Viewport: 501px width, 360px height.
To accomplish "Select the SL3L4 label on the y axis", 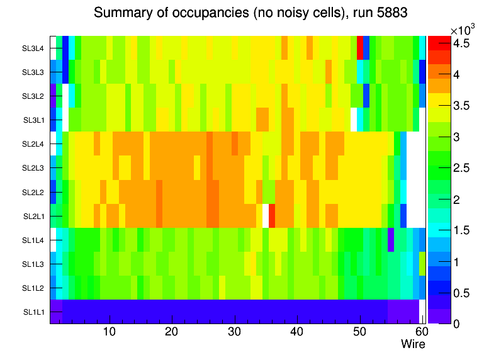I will (x=33, y=48).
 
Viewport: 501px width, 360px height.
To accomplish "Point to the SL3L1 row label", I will (x=33, y=120).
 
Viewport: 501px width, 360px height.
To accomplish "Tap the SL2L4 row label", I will (x=33, y=144).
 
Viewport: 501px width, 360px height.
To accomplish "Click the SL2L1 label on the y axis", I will (x=33, y=216).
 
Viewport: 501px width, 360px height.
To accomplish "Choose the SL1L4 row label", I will (x=33, y=240).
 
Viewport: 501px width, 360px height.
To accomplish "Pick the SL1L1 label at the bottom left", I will (x=33, y=312).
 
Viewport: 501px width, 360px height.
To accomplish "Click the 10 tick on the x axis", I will (x=110, y=332).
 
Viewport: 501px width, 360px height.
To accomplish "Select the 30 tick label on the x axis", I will (x=235, y=332).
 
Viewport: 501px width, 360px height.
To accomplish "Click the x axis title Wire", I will (x=413, y=344).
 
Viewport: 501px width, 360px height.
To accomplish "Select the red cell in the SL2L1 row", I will (x=272, y=216).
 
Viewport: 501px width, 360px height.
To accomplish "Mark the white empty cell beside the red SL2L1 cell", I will (x=266, y=216).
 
